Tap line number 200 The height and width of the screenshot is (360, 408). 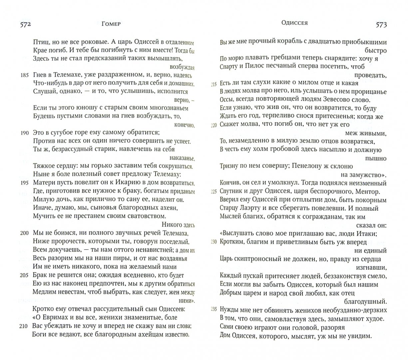coord(25,233)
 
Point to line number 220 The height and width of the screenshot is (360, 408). coord(213,125)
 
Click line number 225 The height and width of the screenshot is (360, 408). coord(213,192)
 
